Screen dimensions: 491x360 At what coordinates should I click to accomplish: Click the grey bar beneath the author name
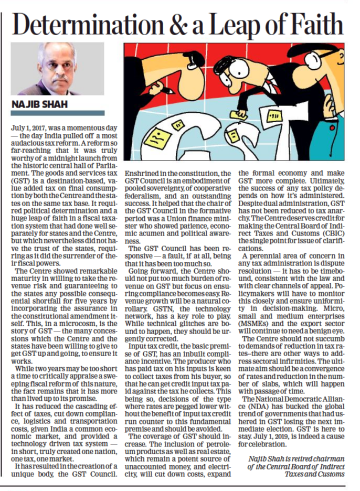58,113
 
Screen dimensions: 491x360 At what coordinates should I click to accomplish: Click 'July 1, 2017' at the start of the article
30,128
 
